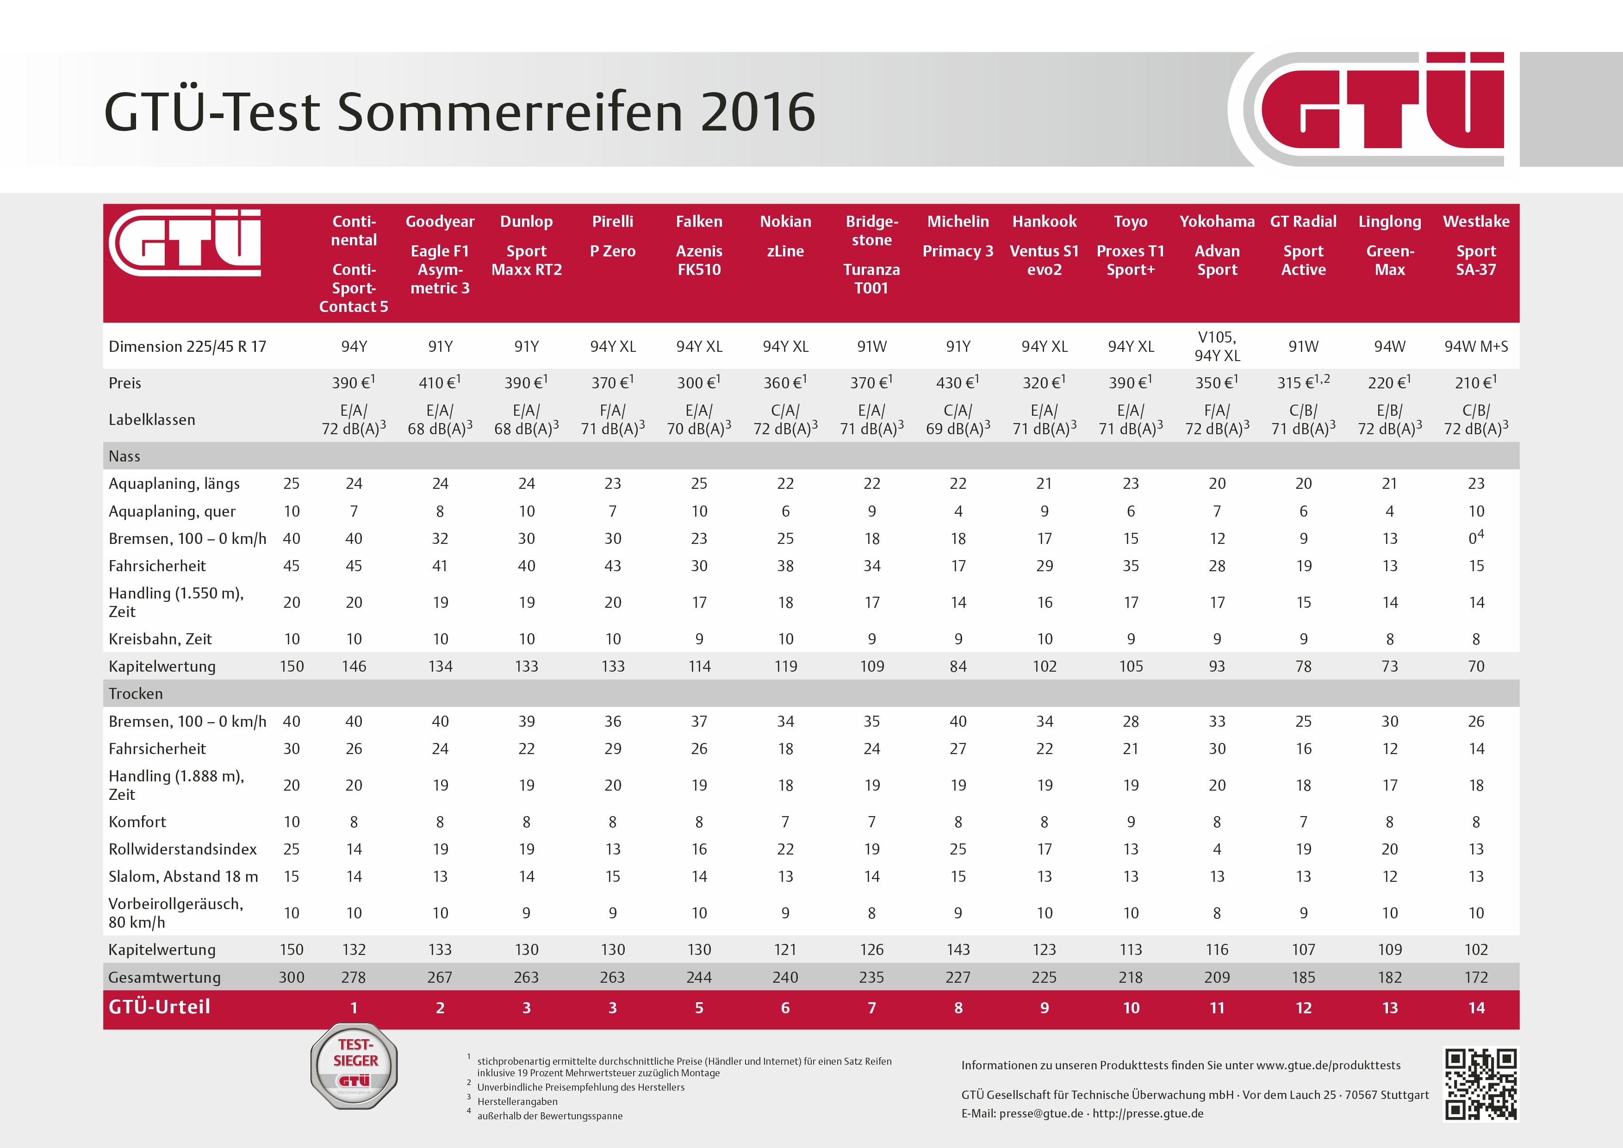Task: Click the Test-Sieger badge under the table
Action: tap(354, 1066)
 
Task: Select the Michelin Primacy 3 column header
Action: tap(958, 240)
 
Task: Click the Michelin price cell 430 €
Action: tap(958, 382)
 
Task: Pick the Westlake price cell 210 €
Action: tap(1475, 382)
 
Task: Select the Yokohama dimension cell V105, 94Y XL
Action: tap(1217, 346)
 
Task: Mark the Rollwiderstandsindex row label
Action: tap(182, 849)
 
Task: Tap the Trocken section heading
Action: tap(136, 693)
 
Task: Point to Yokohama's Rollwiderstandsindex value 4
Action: tap(1217, 849)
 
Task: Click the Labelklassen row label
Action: tap(151, 420)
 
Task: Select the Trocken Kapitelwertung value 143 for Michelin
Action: tap(958, 949)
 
